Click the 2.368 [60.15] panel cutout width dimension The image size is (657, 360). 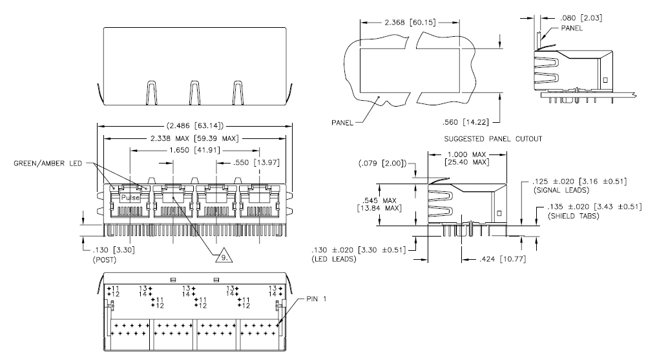[x=410, y=22]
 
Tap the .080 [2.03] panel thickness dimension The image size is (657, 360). [x=581, y=18]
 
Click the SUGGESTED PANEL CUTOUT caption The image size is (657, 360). [x=493, y=139]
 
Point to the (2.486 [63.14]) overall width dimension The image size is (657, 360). [x=195, y=125]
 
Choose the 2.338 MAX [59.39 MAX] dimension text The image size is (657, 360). [x=194, y=138]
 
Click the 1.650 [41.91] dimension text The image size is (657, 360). [x=194, y=150]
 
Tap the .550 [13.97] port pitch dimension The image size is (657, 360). [x=256, y=162]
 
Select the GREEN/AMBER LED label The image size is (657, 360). [x=48, y=163]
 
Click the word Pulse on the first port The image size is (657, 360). [x=130, y=197]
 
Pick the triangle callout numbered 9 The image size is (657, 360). [x=224, y=256]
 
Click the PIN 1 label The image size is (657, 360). [x=317, y=299]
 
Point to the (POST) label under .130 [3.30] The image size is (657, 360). [x=105, y=260]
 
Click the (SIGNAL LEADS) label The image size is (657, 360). [x=561, y=190]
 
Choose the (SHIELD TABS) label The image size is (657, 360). [x=574, y=216]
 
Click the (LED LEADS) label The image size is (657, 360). [x=333, y=259]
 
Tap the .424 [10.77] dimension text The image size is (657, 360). [x=503, y=259]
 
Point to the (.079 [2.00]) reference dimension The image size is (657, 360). [x=382, y=163]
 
